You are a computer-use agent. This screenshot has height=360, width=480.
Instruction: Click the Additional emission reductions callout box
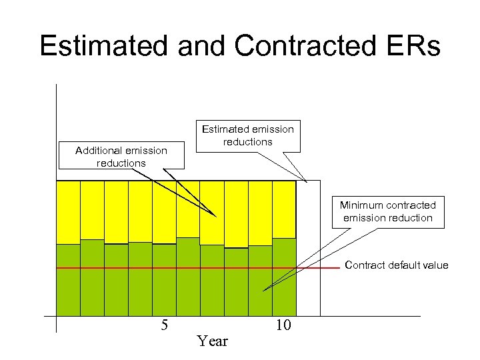(x=121, y=157)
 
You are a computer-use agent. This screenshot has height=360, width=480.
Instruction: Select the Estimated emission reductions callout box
(x=247, y=135)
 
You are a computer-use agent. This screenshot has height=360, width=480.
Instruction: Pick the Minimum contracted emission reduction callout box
(x=387, y=212)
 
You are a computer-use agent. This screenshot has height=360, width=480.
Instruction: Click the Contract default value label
(x=396, y=265)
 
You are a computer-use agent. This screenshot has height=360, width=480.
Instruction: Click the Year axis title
(x=213, y=341)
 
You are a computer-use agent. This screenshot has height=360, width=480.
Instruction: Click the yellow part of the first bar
(x=68, y=212)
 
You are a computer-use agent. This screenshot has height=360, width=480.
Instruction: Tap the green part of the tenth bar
(x=284, y=287)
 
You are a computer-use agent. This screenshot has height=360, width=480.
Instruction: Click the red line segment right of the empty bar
(x=330, y=268)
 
